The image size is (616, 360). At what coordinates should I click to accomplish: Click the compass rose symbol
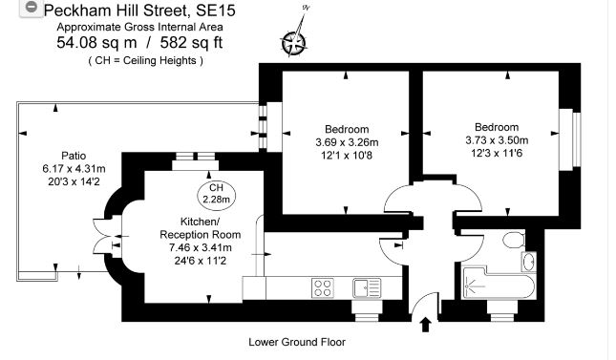(294, 41)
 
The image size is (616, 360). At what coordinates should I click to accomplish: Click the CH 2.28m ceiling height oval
(216, 194)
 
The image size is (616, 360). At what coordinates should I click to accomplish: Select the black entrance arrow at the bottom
(424, 326)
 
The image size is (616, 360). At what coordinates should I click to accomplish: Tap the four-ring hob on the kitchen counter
(324, 286)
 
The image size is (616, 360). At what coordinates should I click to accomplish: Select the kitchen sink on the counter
(366, 286)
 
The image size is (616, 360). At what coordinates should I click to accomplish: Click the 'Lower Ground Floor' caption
(296, 342)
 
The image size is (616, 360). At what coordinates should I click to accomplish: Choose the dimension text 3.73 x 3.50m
(496, 140)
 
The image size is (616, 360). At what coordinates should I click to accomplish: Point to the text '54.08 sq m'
(97, 43)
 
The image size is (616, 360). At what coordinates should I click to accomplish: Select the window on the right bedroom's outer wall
(564, 138)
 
